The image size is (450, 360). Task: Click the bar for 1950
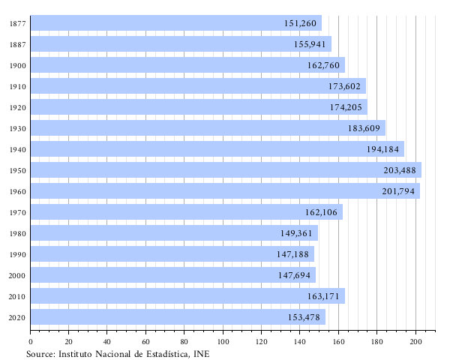(225, 170)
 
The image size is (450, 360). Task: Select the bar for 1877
(176, 23)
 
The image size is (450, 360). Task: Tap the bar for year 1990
(172, 254)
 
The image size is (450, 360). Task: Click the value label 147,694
(295, 275)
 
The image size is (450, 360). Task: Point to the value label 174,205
(346, 107)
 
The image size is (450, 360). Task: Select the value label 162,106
(321, 212)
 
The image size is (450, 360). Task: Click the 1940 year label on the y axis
(18, 149)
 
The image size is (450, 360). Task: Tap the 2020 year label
(18, 317)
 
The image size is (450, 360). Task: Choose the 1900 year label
(18, 65)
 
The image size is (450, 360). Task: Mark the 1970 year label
(18, 212)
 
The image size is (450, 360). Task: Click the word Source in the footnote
(40, 353)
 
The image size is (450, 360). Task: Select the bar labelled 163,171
(187, 296)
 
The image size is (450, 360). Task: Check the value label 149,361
(296, 233)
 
